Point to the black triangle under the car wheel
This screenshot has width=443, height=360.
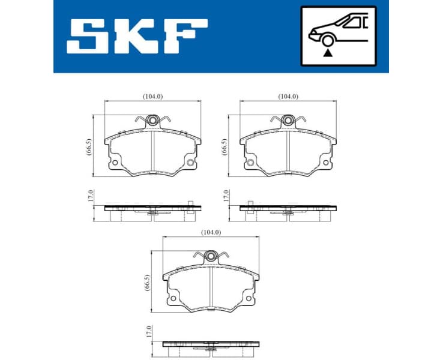328,53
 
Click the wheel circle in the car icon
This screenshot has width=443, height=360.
328,40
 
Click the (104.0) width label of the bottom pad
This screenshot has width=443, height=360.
211,232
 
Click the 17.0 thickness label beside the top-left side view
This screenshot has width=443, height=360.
90,196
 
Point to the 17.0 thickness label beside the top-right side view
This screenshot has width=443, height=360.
226,196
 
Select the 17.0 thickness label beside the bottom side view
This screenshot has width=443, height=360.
149,331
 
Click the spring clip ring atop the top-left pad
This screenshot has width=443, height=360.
153,121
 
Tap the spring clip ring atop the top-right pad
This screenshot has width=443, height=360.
289,121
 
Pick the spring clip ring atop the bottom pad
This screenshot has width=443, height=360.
211,257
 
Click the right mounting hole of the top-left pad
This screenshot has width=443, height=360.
190,163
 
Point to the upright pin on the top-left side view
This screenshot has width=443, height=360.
189,204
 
